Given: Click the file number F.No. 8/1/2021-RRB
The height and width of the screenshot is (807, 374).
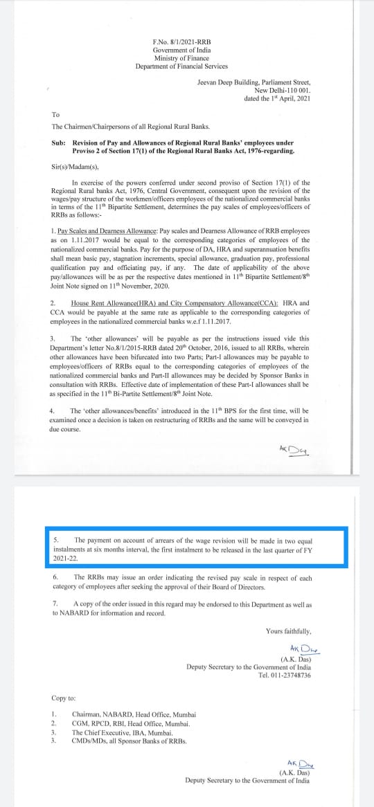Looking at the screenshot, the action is tap(181, 42).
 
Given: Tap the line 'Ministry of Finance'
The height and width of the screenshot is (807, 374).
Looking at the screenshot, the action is tap(181, 58).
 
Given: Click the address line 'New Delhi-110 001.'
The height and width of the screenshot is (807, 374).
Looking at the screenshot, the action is tap(283, 91).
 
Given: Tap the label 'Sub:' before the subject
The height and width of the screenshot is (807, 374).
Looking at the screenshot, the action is tap(58, 142).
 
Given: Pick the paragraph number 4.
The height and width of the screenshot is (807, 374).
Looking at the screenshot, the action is tap(53, 411).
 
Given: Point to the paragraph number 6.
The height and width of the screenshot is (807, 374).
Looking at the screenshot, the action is tap(55, 577).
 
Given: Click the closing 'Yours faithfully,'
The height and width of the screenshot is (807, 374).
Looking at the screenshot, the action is tap(288, 631).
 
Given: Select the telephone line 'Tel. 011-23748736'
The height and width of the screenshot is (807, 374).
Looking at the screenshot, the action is tap(285, 675).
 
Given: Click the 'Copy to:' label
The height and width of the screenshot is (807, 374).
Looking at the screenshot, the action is tap(64, 698).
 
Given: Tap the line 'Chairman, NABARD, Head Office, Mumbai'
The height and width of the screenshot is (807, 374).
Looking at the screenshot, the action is tap(134, 714).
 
